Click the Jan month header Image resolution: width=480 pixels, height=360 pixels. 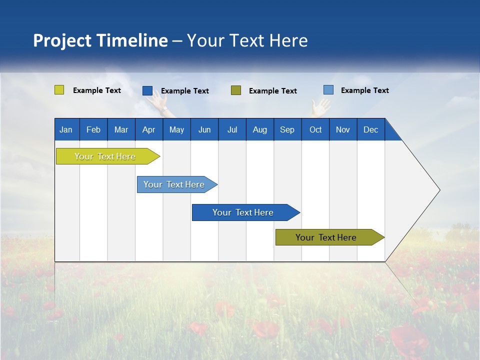tap(66, 129)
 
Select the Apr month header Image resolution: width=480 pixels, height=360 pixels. tap(148, 129)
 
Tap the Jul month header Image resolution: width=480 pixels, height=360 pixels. tap(232, 129)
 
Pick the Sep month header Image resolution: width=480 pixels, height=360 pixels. tap(287, 129)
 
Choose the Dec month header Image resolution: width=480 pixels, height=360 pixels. tap(370, 129)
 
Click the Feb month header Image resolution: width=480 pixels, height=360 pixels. tap(93, 129)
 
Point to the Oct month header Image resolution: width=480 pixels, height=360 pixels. tap(315, 129)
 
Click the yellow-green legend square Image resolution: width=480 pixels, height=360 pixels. tap(59, 90)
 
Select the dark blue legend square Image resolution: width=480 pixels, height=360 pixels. tap(147, 90)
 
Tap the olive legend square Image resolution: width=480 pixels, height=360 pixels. tap(236, 90)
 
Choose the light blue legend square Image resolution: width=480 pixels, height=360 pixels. tap(328, 90)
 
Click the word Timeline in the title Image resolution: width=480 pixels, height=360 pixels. tap(132, 40)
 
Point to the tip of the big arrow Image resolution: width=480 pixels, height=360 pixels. tap(438, 190)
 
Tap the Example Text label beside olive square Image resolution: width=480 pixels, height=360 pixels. tap(272, 90)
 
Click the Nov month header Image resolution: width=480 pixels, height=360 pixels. tap(343, 129)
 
